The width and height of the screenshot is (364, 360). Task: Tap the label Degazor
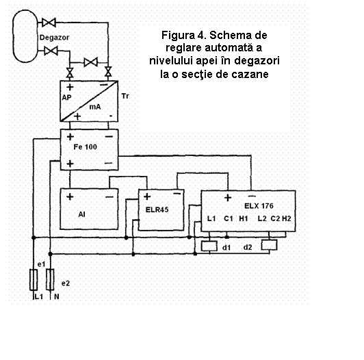54,38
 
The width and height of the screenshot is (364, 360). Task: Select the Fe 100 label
86,146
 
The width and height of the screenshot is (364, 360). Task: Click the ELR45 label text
157,209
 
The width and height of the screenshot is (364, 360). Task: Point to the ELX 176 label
259,206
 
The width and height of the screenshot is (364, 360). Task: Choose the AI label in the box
81,214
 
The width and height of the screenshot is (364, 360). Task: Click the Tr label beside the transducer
125,96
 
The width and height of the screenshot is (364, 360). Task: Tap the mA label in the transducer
95,107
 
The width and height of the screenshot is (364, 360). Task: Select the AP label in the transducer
66,98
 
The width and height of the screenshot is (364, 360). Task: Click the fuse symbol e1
34,280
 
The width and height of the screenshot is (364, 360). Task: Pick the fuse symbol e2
50,280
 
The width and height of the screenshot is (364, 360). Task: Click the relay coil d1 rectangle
209,246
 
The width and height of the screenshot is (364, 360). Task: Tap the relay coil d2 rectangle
270,245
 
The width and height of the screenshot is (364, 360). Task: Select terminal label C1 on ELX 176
229,218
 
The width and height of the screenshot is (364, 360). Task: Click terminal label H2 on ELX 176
287,218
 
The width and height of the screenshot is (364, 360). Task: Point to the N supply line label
57,296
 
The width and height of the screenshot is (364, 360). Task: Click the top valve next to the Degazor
49,23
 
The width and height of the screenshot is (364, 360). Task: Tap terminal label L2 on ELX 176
262,218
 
